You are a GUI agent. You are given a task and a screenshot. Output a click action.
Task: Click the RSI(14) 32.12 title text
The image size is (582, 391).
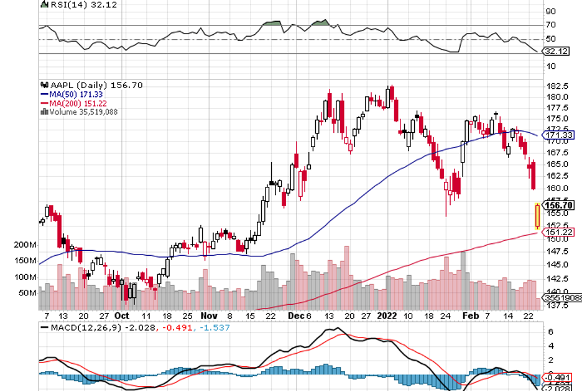point(71,5)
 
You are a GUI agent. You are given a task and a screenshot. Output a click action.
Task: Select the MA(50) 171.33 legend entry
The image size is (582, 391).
point(71,94)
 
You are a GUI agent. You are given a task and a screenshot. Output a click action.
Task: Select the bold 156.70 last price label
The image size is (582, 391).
point(558,205)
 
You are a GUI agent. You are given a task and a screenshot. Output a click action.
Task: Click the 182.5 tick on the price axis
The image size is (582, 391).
point(556,86)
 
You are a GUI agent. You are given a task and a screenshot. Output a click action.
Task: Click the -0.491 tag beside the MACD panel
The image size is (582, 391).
point(558,377)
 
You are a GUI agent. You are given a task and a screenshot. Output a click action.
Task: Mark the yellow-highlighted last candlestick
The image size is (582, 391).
point(537,216)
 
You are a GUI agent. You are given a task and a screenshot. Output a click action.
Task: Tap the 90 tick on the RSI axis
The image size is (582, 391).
point(550,11)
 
